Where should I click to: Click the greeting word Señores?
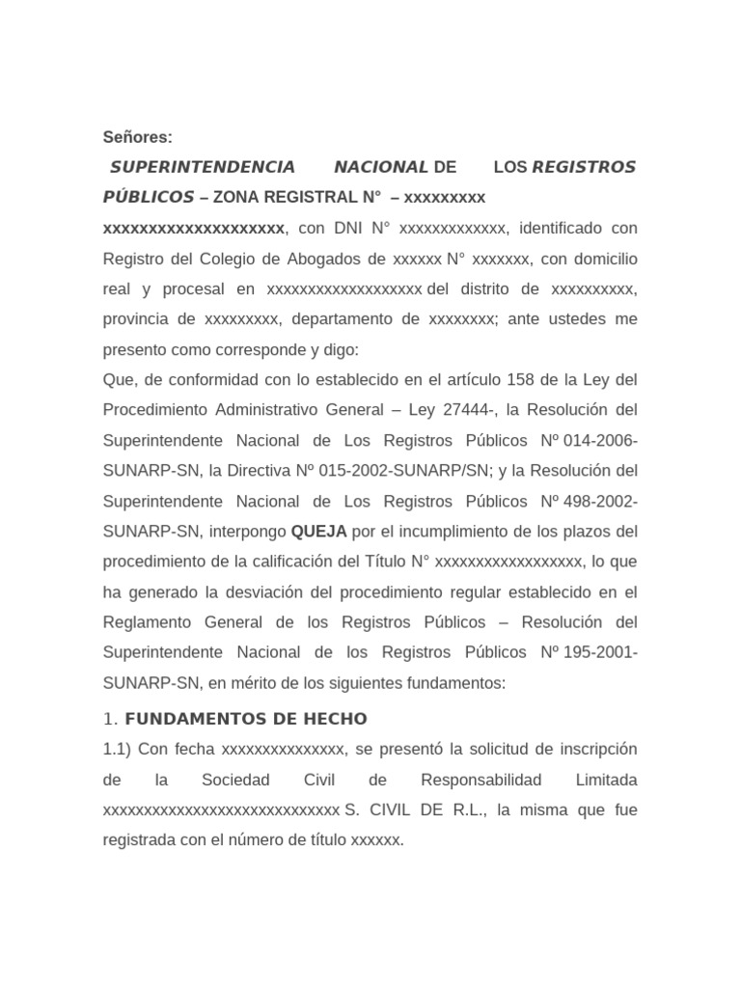[x=138, y=137]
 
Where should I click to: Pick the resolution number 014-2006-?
[x=601, y=440]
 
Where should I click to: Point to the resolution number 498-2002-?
[x=601, y=501]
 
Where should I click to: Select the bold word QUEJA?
[x=317, y=531]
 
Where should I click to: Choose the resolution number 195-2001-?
[x=601, y=652]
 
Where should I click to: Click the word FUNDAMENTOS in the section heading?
[x=185, y=719]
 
